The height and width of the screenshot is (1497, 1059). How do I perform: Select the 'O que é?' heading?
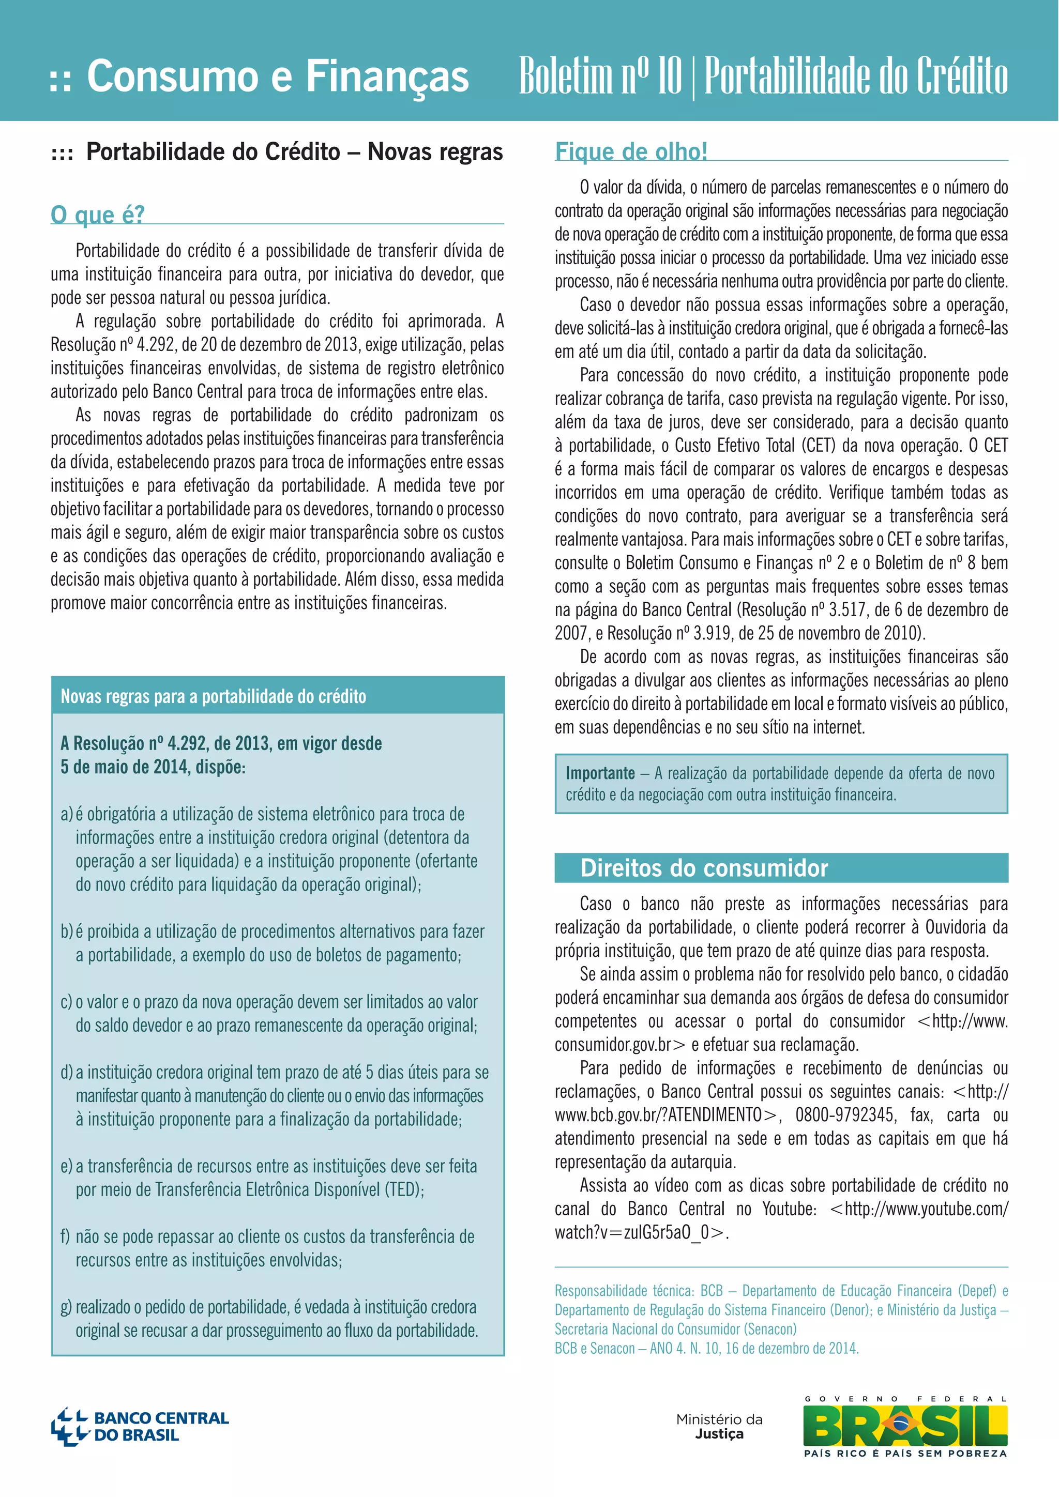(x=98, y=215)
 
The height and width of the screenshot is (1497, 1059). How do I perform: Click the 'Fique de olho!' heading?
(x=630, y=151)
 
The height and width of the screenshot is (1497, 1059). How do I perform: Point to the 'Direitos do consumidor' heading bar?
(x=704, y=868)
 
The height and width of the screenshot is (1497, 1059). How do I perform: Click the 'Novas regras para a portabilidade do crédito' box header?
(x=213, y=696)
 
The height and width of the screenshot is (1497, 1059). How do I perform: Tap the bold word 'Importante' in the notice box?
(x=600, y=773)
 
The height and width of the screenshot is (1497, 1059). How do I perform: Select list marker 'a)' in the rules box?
(x=67, y=814)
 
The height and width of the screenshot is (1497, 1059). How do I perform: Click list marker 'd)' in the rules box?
(x=67, y=1073)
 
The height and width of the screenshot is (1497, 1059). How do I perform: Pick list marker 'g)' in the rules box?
(x=67, y=1307)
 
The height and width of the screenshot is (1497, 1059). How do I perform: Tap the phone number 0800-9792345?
(x=844, y=1115)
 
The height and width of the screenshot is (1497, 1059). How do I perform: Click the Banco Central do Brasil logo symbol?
(x=69, y=1427)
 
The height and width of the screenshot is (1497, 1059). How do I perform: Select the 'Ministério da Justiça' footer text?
(x=719, y=1426)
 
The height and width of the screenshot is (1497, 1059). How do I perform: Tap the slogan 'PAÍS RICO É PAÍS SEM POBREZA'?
(x=905, y=1453)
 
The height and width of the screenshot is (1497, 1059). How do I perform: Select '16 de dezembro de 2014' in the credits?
(x=792, y=1348)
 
